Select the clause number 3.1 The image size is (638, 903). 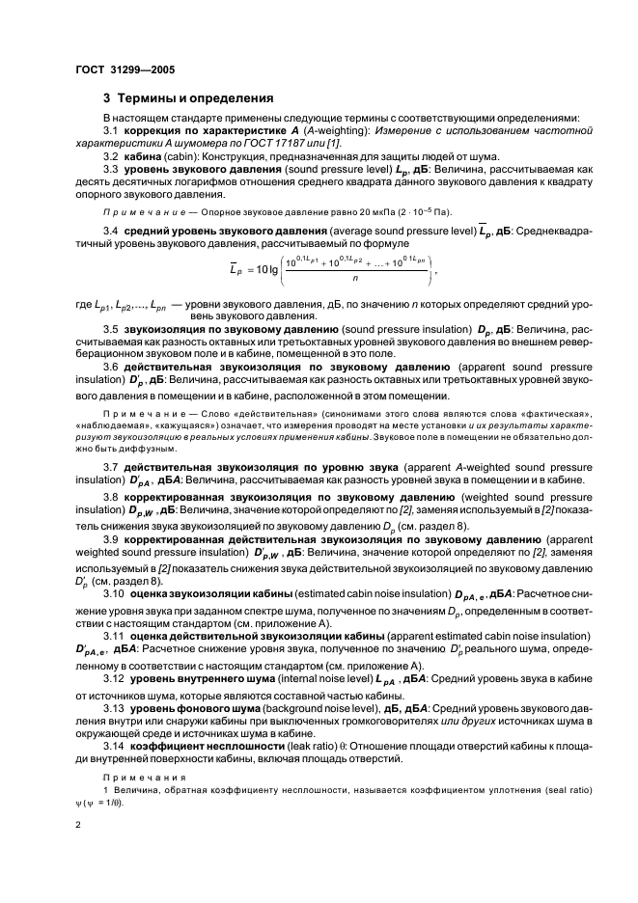(111, 131)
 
